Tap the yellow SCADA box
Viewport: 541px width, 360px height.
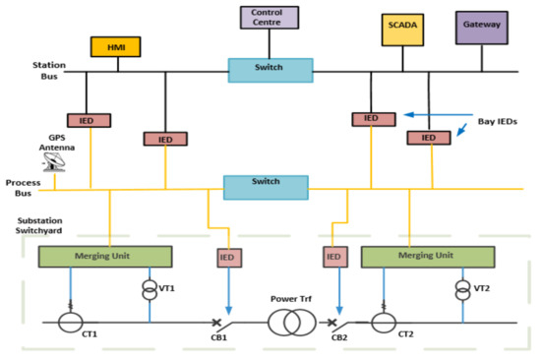[403, 30]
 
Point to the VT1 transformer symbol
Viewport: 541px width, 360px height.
[149, 291]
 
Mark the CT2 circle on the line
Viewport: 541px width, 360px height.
[387, 322]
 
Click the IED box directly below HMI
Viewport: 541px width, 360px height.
[87, 120]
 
